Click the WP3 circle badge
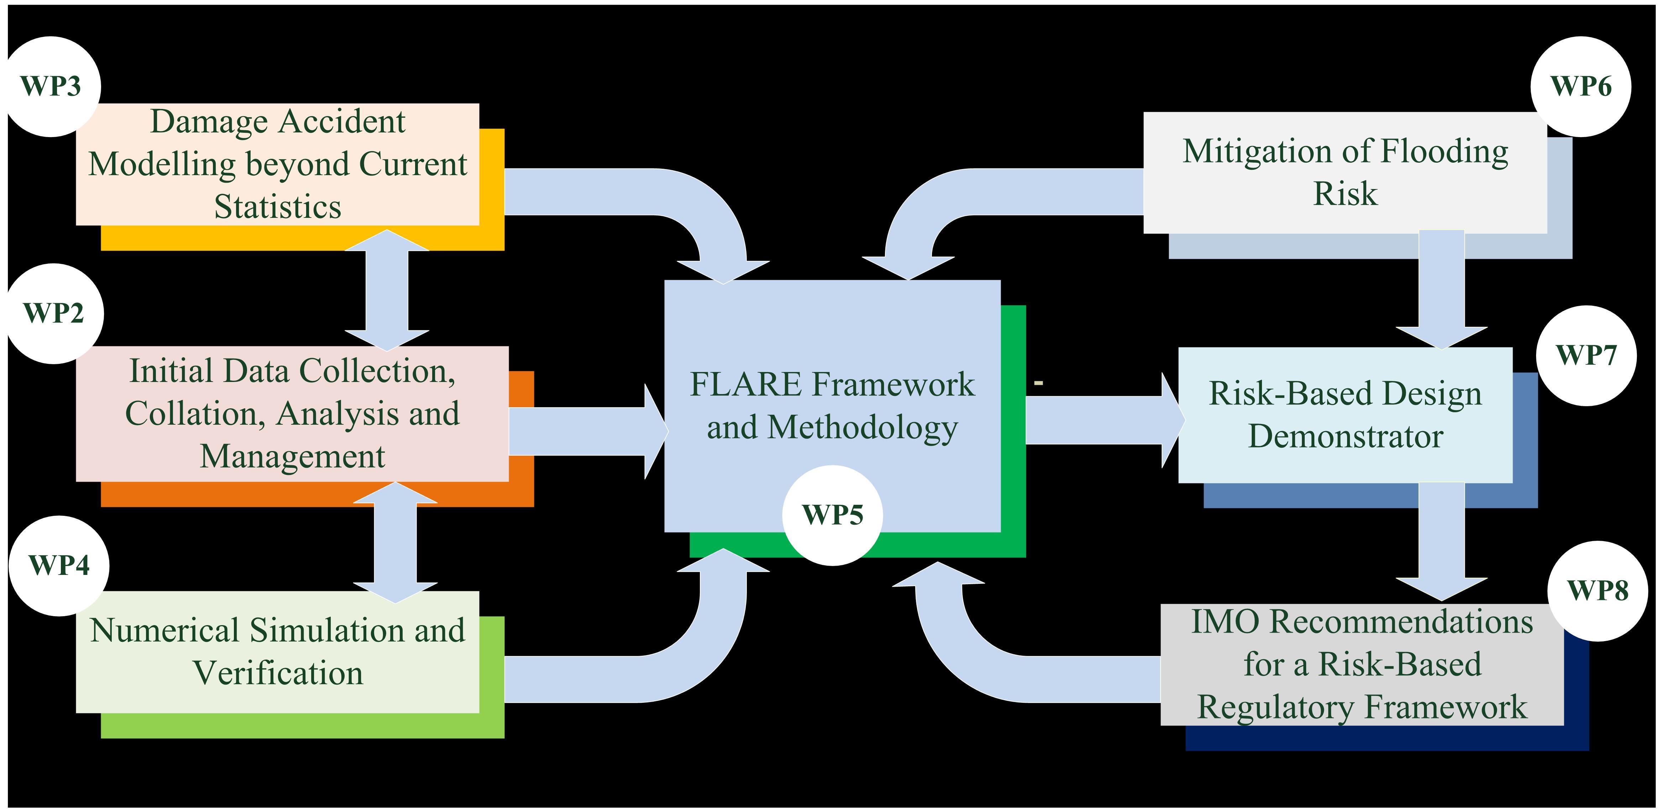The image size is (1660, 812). (x=51, y=87)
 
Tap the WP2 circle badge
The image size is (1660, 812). (x=54, y=313)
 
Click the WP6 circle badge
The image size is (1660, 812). (x=1581, y=87)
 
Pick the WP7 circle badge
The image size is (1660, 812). (x=1586, y=355)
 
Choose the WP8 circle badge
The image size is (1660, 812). (x=1597, y=590)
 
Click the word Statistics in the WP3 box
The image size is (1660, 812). (x=278, y=207)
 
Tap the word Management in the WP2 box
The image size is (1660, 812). (x=292, y=456)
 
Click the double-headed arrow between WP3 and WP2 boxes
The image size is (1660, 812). (x=387, y=290)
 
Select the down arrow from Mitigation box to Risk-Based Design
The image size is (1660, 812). (x=1441, y=290)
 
